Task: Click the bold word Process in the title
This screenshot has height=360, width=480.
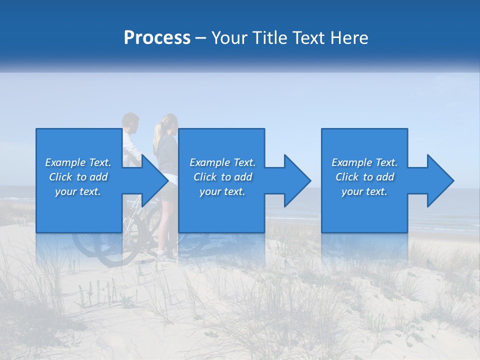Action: (157, 38)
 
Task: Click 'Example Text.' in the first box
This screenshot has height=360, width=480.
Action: (78, 162)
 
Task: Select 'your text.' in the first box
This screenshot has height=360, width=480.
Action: (78, 191)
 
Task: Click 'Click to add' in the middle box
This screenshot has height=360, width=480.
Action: (222, 177)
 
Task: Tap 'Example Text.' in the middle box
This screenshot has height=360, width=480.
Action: (222, 162)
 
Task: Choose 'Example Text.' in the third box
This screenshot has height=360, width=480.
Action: (364, 162)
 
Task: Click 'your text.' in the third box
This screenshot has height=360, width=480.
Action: (364, 191)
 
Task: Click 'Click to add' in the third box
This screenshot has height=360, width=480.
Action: (364, 177)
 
